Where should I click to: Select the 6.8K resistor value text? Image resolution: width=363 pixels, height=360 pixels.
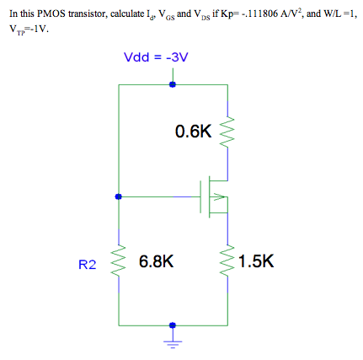point(156,261)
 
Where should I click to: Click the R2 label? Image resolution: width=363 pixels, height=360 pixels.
point(88,264)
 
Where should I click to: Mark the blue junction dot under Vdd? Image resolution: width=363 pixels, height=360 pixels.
point(173,84)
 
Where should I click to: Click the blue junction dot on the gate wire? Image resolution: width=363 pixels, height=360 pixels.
point(119,197)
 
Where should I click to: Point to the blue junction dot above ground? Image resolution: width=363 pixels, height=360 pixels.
point(173,325)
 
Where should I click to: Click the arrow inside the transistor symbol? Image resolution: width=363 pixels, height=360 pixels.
point(221,198)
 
